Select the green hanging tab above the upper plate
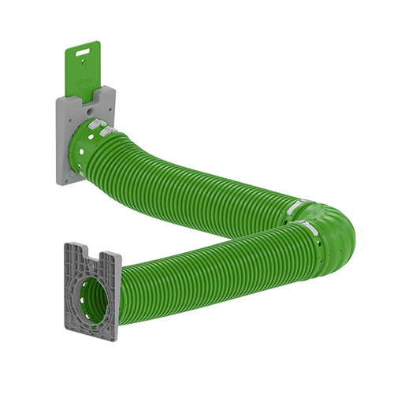[78, 71]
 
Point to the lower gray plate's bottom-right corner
[117, 337]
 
